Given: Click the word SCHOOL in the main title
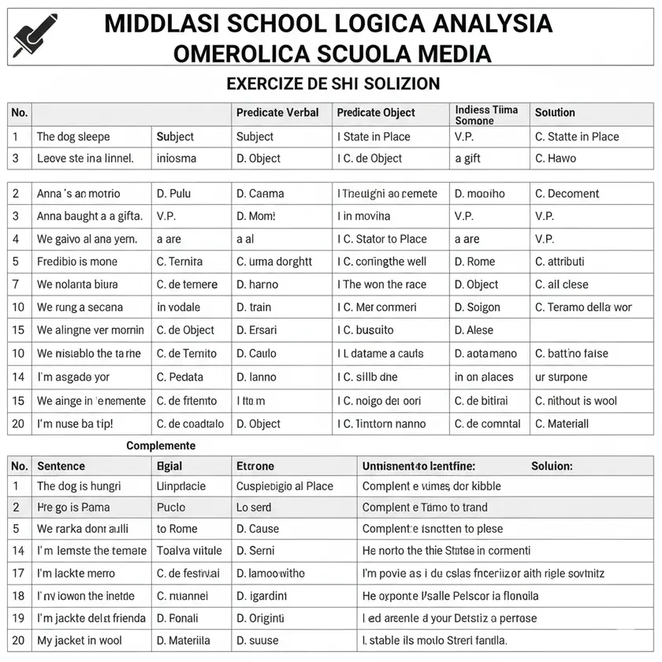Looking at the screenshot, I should [272, 24].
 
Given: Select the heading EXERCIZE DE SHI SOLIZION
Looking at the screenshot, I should [333, 83].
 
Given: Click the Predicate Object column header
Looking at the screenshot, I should [376, 113].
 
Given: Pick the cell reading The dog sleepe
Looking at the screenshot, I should [73, 136].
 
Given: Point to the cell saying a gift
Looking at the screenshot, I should [467, 158].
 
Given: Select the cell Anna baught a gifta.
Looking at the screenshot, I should [87, 216].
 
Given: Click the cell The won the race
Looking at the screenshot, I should [384, 285].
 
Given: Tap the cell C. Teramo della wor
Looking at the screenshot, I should [583, 307].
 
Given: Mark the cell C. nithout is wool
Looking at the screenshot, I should [576, 400].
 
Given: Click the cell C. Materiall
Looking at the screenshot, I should [562, 423].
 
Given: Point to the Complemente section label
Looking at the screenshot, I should [161, 445].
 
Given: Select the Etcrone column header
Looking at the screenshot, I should [255, 466].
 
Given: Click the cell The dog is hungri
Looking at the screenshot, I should [79, 486].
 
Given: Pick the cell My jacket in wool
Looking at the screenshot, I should [80, 641].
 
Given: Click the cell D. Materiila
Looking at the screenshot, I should [184, 641].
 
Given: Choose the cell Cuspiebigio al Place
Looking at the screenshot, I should [285, 486].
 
